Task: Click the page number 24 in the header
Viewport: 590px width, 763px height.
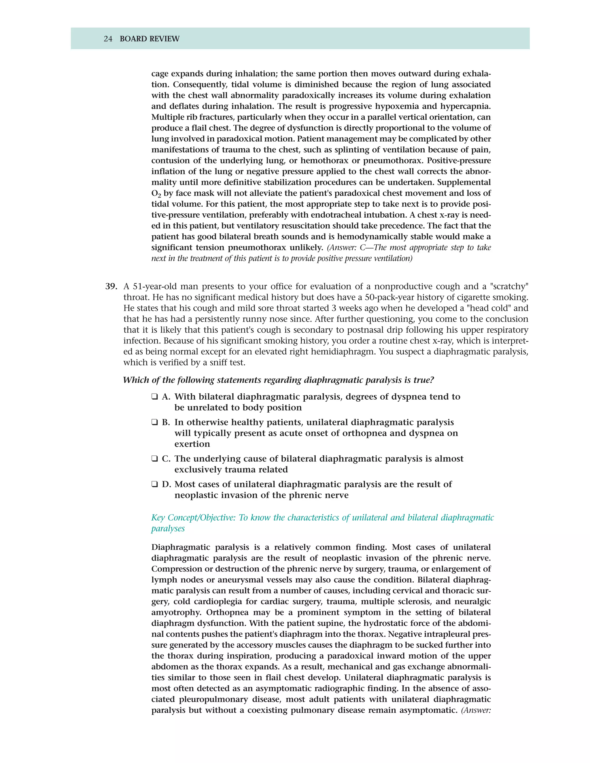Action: pyautogui.click(x=108, y=39)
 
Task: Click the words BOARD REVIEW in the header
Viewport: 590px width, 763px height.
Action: pyautogui.click(x=150, y=39)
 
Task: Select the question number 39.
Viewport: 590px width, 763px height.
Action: pyautogui.click(x=111, y=286)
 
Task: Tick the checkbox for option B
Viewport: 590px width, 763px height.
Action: pyautogui.click(x=154, y=422)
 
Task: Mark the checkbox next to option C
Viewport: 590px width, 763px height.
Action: pyautogui.click(x=154, y=459)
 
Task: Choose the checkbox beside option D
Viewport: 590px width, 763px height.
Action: pyautogui.click(x=154, y=485)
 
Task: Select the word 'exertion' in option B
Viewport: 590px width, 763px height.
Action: pyautogui.click(x=192, y=444)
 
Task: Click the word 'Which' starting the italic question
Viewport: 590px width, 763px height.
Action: pyautogui.click(x=135, y=380)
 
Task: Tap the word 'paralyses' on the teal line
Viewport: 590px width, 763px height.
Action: pyautogui.click(x=168, y=528)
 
